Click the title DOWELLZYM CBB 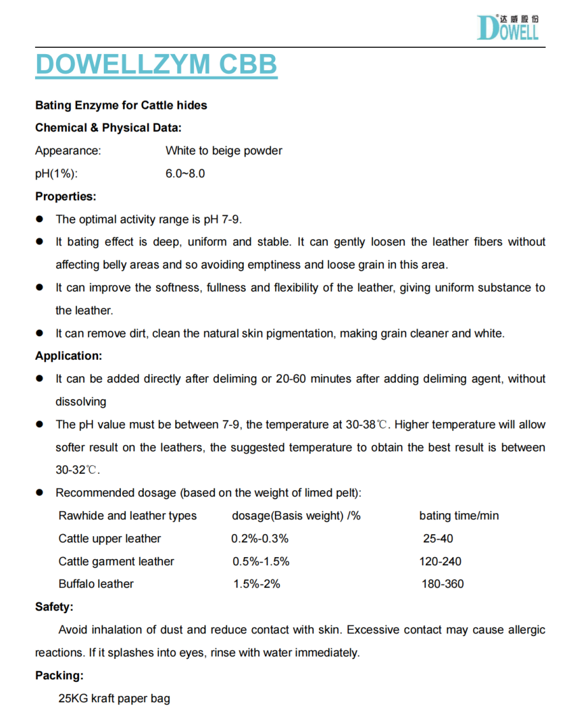(x=156, y=64)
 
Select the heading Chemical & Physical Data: (x=108, y=128)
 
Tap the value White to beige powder (x=223, y=151)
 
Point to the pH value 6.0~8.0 (x=185, y=174)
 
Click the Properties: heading (x=66, y=197)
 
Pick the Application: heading (x=68, y=356)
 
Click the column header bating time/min (x=458, y=516)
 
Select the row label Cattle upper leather (x=110, y=539)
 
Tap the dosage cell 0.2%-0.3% (x=260, y=539)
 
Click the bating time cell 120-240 (x=441, y=562)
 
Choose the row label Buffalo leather (x=96, y=584)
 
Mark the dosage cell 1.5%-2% (x=257, y=584)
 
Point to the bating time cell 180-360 (x=442, y=584)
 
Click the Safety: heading (x=54, y=607)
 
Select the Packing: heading (x=59, y=676)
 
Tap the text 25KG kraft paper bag (x=114, y=698)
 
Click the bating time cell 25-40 (x=438, y=539)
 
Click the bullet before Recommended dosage (x=39, y=493)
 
